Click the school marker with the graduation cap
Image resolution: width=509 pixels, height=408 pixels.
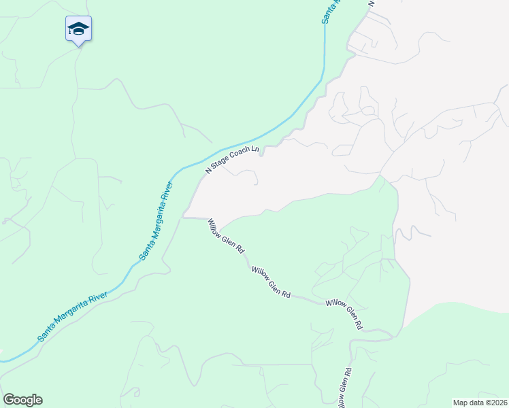point(78,29)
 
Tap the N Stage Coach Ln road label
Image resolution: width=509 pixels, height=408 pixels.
point(233,160)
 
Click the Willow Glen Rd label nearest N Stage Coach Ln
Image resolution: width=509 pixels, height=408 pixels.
point(226,236)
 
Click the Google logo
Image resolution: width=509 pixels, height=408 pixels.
point(22,400)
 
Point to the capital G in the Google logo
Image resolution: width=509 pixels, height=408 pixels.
point(9,400)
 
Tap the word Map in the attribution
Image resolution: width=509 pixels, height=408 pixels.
point(461,403)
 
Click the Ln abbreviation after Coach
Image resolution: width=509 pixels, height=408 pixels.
point(255,149)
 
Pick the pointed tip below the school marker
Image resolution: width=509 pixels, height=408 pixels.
point(78,45)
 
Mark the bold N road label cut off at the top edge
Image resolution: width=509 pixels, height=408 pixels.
point(372,3)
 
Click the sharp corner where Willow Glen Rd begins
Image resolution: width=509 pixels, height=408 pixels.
point(183,218)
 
